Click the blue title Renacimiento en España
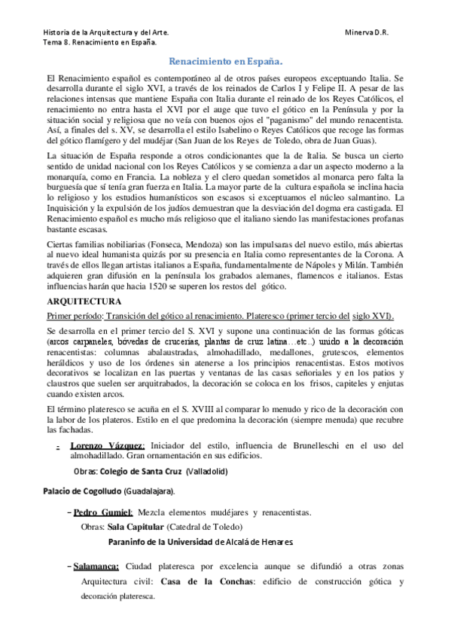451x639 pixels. (x=225, y=62)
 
